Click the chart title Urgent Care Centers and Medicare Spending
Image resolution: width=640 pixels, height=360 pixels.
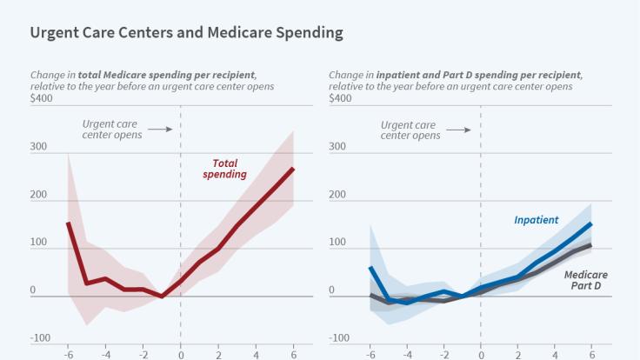[x=186, y=33]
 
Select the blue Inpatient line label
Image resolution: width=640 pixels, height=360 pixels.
[x=536, y=220]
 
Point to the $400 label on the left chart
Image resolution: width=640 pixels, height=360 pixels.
[x=41, y=98]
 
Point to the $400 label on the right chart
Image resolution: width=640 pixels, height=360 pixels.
[x=340, y=98]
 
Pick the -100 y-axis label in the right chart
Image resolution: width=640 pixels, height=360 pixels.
[x=339, y=338]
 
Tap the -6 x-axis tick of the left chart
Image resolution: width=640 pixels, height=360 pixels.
[x=68, y=354]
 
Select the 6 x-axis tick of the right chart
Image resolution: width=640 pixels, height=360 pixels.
[x=591, y=354]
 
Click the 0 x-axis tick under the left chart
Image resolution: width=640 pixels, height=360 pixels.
[x=180, y=354]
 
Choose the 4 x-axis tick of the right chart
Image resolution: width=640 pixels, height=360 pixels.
[x=554, y=354]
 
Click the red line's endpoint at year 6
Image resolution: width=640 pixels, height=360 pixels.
[x=293, y=169]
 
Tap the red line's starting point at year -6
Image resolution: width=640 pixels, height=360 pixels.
[x=68, y=223]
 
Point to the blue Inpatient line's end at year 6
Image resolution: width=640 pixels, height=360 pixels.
[x=591, y=223]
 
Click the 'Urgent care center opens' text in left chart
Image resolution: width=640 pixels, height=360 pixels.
[x=111, y=130]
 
